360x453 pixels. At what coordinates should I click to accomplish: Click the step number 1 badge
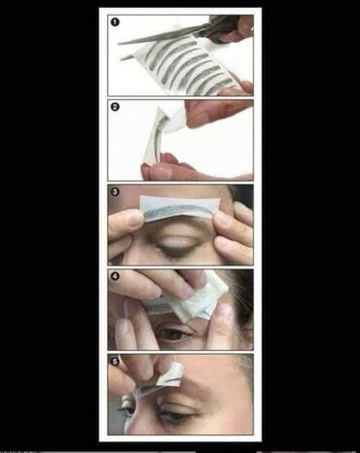(115, 22)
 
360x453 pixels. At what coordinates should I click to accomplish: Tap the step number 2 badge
(115, 107)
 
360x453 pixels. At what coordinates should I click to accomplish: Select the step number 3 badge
(115, 192)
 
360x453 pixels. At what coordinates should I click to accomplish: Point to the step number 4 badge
(115, 276)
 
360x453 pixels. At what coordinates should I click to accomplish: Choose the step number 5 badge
(115, 362)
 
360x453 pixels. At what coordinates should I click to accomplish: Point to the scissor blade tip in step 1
(120, 44)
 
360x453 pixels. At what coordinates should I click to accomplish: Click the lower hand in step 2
(195, 167)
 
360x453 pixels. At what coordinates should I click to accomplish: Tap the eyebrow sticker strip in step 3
(180, 207)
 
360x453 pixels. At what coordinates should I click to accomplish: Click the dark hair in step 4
(241, 299)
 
